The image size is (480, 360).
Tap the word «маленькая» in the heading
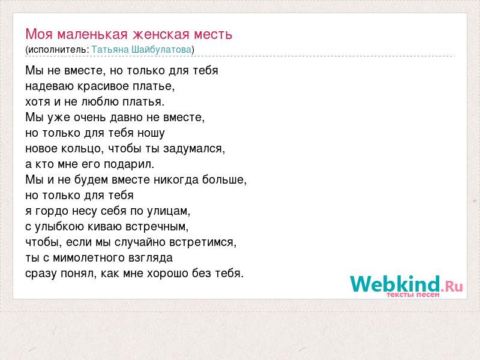(92, 34)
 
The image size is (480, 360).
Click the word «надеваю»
(50, 86)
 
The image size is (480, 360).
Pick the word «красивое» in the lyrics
(103, 86)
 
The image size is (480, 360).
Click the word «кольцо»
(81, 149)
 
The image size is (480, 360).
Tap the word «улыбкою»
(59, 227)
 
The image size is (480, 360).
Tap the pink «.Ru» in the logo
(452, 287)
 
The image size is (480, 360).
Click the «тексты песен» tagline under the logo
(413, 295)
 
